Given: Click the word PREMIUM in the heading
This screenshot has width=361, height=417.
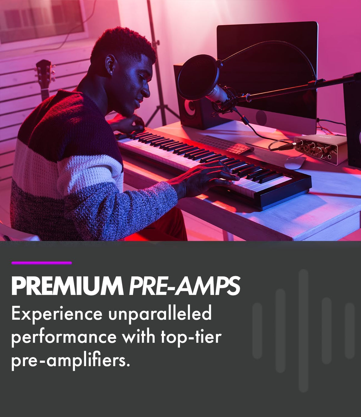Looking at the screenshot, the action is [x=67, y=286].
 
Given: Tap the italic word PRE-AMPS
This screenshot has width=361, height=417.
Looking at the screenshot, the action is [x=184, y=286].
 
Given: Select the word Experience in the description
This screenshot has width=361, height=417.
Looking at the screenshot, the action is [x=57, y=314].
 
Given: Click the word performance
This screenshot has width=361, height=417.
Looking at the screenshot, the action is [x=64, y=338].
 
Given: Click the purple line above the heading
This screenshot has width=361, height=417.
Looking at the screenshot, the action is [x=42, y=263].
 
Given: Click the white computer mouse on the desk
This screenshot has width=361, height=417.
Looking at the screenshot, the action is [x=295, y=163].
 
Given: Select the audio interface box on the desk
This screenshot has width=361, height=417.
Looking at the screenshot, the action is [x=320, y=149].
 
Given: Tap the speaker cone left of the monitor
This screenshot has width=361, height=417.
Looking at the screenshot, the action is [x=190, y=107].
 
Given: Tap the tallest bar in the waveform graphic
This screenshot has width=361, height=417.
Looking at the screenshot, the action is [x=303, y=331].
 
